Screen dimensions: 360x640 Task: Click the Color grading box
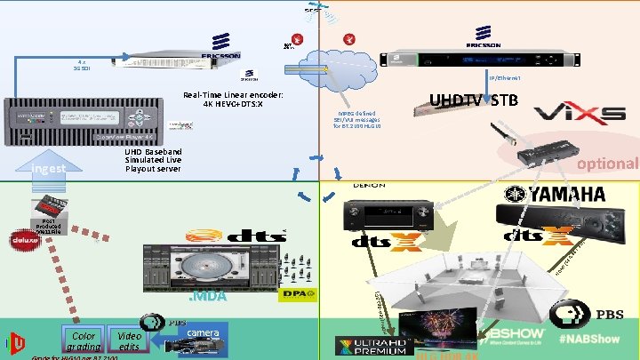click(84, 340)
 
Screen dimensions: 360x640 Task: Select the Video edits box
click(129, 340)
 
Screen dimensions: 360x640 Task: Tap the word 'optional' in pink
click(607, 164)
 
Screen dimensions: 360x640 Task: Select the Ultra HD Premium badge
click(368, 346)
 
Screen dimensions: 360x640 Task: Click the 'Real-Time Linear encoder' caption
click(233, 100)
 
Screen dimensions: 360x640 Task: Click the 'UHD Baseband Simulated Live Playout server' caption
click(154, 160)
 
